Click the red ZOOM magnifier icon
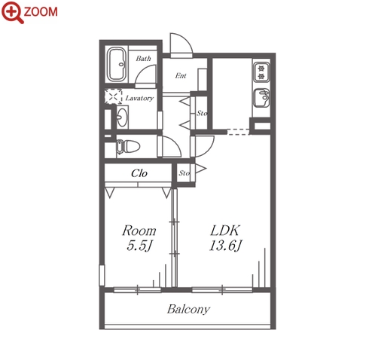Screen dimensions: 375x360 [x=13, y=12]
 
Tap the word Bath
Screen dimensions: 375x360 [x=143, y=59]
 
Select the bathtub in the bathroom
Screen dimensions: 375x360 [x=117, y=64]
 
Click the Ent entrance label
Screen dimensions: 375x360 [x=181, y=75]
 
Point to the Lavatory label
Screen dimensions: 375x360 [x=139, y=98]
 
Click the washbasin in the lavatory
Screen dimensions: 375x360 [x=122, y=117]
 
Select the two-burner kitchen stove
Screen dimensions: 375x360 [x=261, y=72]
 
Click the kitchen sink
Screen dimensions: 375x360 [x=261, y=98]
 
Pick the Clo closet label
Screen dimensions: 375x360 [x=139, y=173]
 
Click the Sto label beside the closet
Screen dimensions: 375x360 [x=184, y=173]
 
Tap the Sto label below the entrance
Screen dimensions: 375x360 [x=202, y=113]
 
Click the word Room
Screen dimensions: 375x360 [x=139, y=230]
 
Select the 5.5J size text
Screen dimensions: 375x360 [x=139, y=246]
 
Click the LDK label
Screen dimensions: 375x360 [x=225, y=230]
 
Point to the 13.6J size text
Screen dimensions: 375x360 [x=225, y=246]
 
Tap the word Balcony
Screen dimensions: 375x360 [x=188, y=310]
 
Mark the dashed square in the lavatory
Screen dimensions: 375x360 [x=113, y=96]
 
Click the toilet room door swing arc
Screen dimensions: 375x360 [x=175, y=142]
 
